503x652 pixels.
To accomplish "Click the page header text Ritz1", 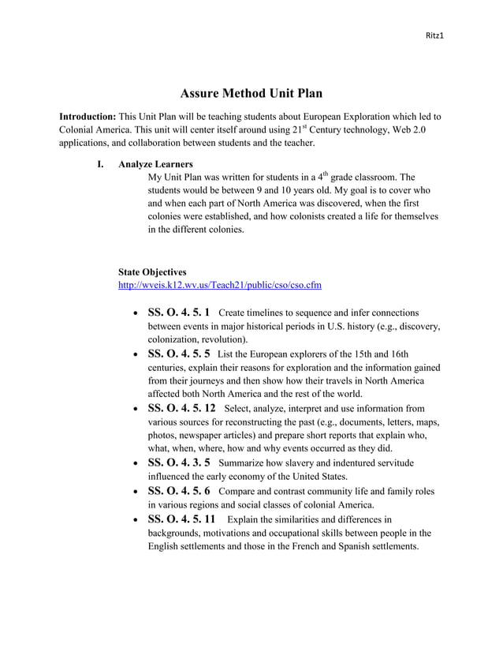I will [434, 36].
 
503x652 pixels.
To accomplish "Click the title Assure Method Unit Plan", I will [251, 94].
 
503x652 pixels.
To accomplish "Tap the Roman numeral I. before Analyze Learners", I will [100, 164].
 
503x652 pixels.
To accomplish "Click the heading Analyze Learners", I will [155, 164].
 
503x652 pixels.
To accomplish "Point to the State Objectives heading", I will [152, 272].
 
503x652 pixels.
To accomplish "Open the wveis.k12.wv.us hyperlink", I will [219, 284].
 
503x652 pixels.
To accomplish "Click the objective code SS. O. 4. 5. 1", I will [179, 313].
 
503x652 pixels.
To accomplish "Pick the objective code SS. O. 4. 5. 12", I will [181, 408].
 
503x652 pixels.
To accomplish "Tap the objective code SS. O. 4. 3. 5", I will [179, 463].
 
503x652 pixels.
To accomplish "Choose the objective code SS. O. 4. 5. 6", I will [179, 491].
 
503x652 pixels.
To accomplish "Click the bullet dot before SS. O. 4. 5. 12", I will [136, 410].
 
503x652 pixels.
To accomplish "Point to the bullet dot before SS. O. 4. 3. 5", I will [136, 464].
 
